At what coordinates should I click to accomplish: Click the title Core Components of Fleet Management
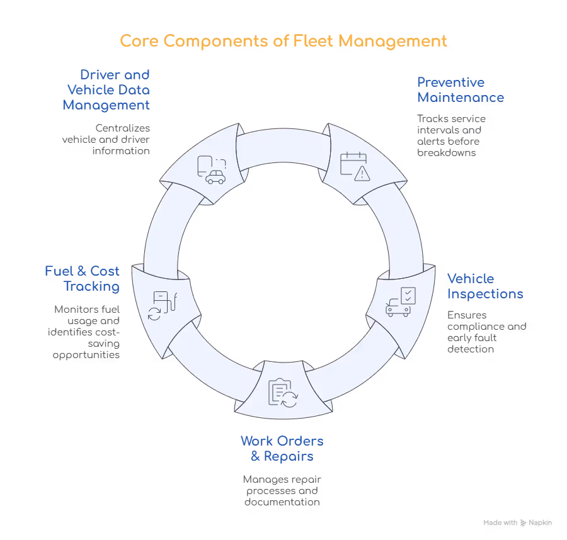coord(283,42)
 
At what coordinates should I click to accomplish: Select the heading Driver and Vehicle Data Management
coord(106,90)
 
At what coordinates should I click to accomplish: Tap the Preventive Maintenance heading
coord(459,90)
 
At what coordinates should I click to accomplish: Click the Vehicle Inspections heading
coord(484,286)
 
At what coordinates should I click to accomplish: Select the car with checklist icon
coord(401,302)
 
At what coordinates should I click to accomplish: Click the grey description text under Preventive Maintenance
coord(449,133)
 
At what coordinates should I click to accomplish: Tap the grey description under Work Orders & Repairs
coord(282,490)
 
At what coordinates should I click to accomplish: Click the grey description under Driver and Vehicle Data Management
coord(106,138)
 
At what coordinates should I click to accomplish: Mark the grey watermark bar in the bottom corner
coord(519,523)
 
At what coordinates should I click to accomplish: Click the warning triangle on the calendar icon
coord(362,174)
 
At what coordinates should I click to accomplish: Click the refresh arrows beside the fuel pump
coord(154,313)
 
